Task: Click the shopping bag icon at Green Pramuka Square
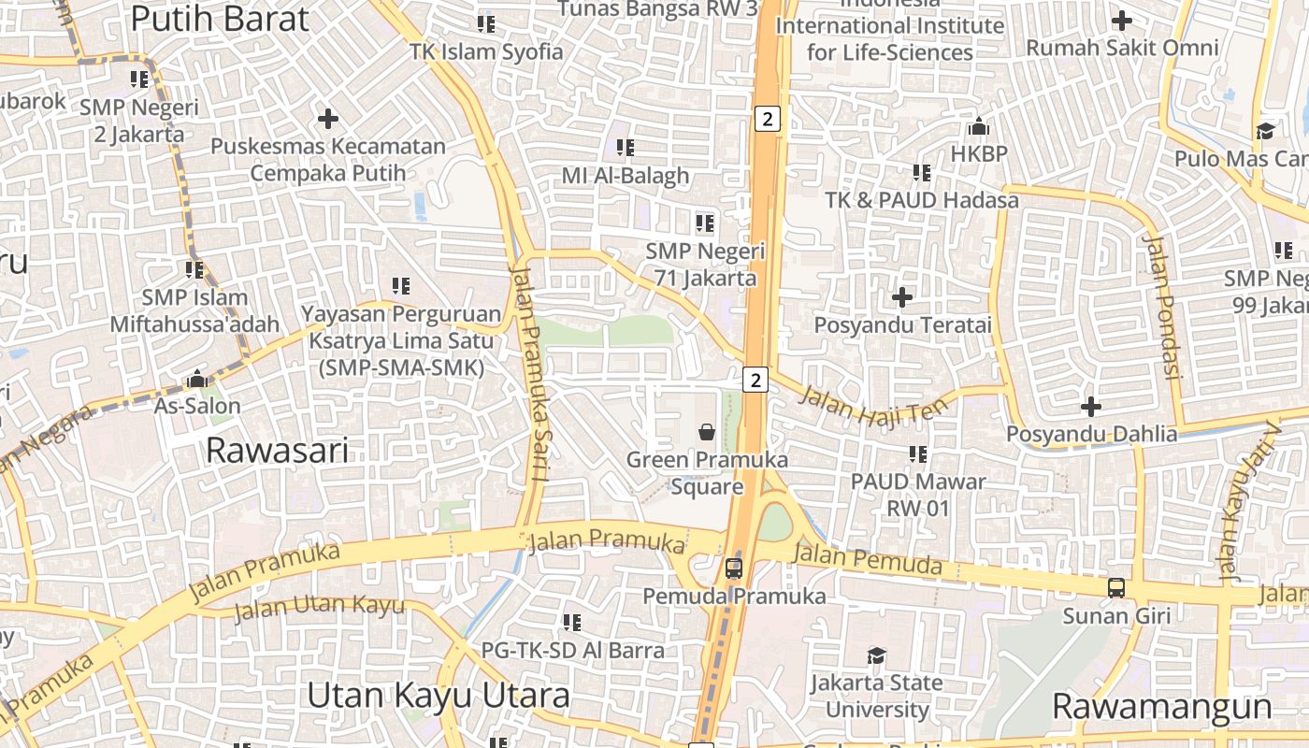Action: [707, 432]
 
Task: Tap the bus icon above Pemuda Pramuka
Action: [734, 568]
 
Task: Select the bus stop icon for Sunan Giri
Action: [1115, 588]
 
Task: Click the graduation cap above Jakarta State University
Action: [876, 655]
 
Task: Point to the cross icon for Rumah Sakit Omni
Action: [1121, 20]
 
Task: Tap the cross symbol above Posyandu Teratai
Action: [902, 297]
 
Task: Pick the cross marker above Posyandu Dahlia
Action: [1090, 407]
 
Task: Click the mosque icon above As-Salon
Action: [197, 379]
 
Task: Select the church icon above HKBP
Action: [979, 125]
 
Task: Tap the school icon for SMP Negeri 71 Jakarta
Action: [704, 223]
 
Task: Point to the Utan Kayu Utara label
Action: [439, 696]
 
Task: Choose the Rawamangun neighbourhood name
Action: [1162, 706]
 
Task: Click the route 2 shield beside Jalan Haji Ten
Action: [755, 380]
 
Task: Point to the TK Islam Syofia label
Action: [486, 51]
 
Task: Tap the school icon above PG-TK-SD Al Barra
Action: [571, 622]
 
